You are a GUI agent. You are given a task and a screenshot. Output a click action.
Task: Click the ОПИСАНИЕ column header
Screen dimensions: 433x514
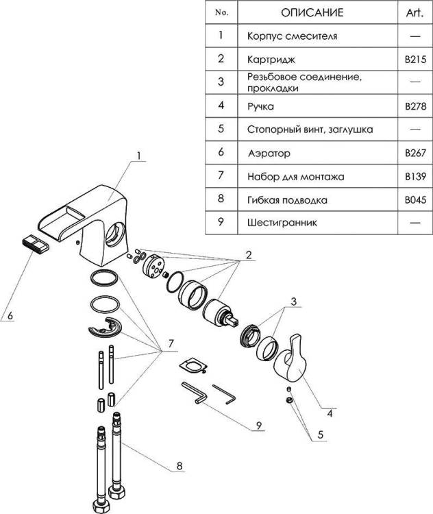coord(312,12)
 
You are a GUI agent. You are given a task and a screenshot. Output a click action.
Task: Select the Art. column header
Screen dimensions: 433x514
coord(415,13)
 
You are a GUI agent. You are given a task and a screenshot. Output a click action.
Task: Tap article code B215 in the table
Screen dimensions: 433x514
coord(415,60)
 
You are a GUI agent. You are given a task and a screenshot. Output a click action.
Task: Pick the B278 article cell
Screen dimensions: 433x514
coord(415,106)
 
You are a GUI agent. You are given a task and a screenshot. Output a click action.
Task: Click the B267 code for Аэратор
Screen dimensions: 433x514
coord(415,153)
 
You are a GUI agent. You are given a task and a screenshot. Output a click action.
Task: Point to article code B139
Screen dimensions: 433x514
coord(415,177)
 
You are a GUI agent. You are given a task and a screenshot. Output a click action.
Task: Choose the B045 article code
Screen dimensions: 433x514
coord(415,200)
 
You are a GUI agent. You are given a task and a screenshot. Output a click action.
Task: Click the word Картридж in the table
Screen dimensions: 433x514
coord(271,60)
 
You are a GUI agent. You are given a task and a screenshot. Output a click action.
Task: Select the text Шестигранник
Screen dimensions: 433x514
coord(282,223)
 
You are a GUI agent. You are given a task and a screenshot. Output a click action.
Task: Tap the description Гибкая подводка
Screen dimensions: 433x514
coord(287,200)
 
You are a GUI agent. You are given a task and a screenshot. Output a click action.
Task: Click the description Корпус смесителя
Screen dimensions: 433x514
coord(292,36)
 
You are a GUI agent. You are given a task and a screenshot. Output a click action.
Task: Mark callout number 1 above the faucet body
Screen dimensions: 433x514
coord(139,156)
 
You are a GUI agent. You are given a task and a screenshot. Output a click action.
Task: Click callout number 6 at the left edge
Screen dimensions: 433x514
coord(10,316)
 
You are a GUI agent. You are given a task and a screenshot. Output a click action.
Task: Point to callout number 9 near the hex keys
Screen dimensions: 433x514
coord(259,426)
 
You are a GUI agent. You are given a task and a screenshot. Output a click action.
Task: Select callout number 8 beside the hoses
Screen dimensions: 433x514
coord(180,466)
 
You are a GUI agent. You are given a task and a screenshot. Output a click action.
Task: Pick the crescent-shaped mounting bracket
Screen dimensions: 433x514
coord(105,328)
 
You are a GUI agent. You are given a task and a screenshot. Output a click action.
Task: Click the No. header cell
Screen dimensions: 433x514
coord(221,12)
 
